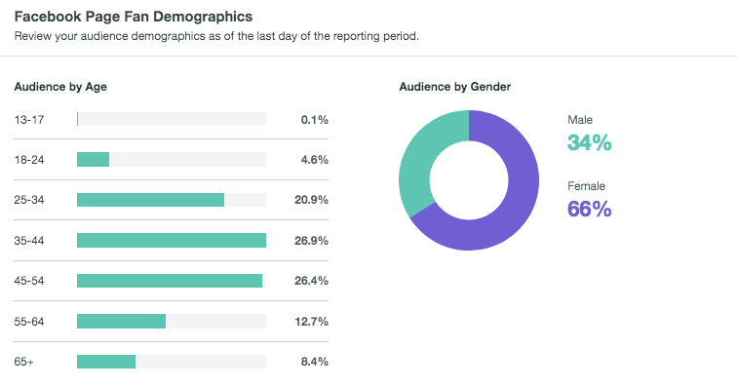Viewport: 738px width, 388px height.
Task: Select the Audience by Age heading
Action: [60, 87]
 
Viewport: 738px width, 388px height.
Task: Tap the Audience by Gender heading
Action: [454, 87]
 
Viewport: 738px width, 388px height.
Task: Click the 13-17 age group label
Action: [28, 119]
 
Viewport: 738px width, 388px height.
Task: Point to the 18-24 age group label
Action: [29, 159]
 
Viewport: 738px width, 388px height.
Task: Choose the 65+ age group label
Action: [24, 362]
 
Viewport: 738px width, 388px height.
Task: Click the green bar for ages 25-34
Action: [150, 200]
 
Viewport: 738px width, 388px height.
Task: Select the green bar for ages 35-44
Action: [172, 240]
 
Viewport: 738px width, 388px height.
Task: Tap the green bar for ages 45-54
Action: [170, 281]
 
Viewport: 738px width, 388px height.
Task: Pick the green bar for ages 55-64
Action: [121, 321]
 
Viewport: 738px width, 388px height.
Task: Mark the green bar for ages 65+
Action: [106, 362]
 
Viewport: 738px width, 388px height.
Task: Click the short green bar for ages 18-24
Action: [93, 159]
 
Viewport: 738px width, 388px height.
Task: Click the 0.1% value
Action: [315, 119]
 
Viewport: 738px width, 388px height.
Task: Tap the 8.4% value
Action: [315, 362]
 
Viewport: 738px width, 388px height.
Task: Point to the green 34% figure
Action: [589, 143]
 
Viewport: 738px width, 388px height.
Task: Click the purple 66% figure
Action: [589, 209]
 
